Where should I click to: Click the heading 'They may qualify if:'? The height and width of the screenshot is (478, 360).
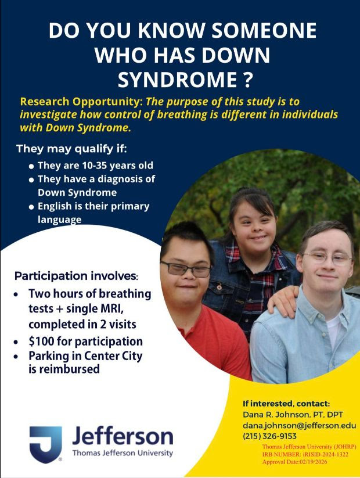coord(71,149)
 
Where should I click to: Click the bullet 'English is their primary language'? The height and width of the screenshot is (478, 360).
coord(93,213)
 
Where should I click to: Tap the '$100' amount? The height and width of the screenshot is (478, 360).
coord(43,341)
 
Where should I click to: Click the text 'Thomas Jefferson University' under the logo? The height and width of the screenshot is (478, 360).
coord(122,453)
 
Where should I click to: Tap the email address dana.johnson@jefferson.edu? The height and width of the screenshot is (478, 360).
coord(298,425)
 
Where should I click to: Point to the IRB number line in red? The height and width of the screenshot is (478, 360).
coord(305,454)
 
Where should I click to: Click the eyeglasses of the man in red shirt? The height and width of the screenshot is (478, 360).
coord(185,269)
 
